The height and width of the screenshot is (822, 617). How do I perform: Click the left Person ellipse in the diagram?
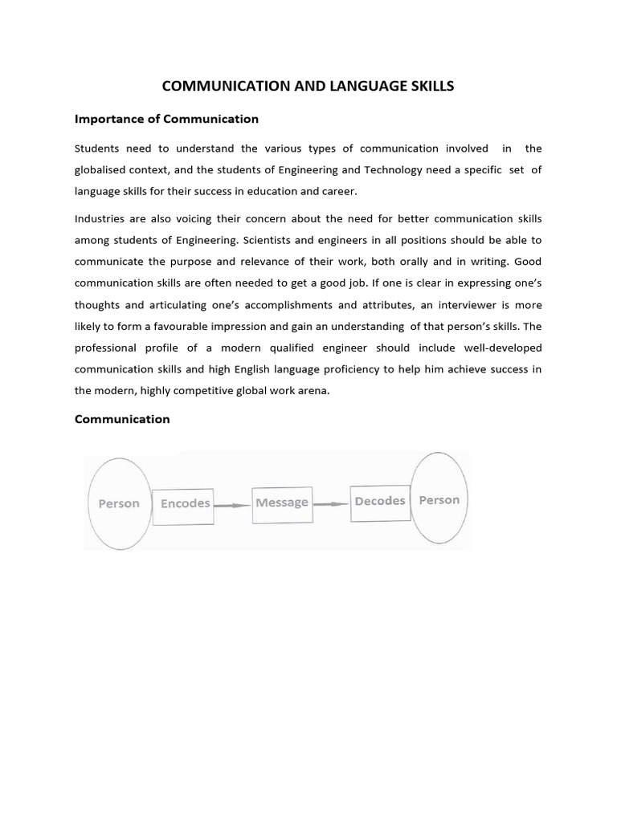click(118, 503)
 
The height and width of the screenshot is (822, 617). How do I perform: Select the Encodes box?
click(184, 504)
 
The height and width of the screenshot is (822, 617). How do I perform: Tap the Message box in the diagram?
click(281, 503)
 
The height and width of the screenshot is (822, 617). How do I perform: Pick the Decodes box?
click(380, 501)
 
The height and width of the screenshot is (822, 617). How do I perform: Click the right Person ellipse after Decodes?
click(439, 500)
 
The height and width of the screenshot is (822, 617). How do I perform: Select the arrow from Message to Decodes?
click(331, 504)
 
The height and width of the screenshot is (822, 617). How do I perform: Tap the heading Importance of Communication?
click(166, 119)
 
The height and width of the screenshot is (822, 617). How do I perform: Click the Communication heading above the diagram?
click(122, 419)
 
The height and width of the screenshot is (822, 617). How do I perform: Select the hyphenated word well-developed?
click(498, 348)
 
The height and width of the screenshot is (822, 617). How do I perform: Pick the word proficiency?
click(361, 369)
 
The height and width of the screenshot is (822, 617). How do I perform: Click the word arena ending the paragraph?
click(310, 391)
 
